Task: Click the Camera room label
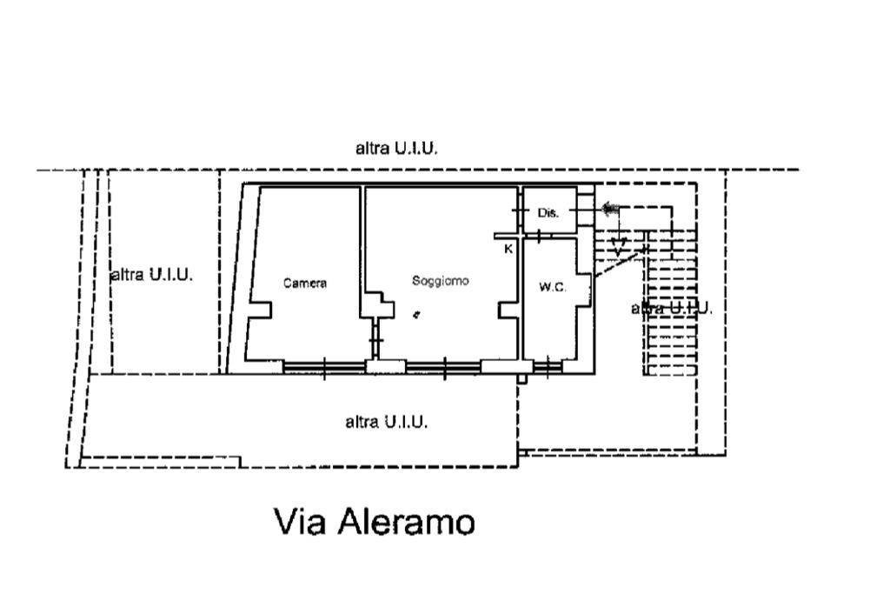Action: [x=305, y=283]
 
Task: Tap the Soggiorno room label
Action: [x=441, y=281]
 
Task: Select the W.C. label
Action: [x=552, y=287]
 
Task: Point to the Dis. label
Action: [x=548, y=213]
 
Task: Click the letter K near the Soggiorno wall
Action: [x=508, y=249]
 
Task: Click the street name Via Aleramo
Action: [x=375, y=521]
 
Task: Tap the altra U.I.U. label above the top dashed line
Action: [x=396, y=148]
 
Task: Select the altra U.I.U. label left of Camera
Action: [x=152, y=275]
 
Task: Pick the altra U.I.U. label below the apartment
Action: [x=386, y=421]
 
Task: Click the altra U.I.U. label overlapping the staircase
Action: [x=672, y=309]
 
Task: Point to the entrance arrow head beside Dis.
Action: [x=609, y=209]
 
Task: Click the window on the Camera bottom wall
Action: [x=324, y=368]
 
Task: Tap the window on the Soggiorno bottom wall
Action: [x=444, y=368]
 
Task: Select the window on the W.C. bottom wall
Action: [x=548, y=368]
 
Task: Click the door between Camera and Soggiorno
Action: [x=375, y=340]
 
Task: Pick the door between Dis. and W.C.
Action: [x=539, y=234]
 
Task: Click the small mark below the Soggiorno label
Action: [x=416, y=314]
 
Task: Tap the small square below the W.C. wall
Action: [x=521, y=378]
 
